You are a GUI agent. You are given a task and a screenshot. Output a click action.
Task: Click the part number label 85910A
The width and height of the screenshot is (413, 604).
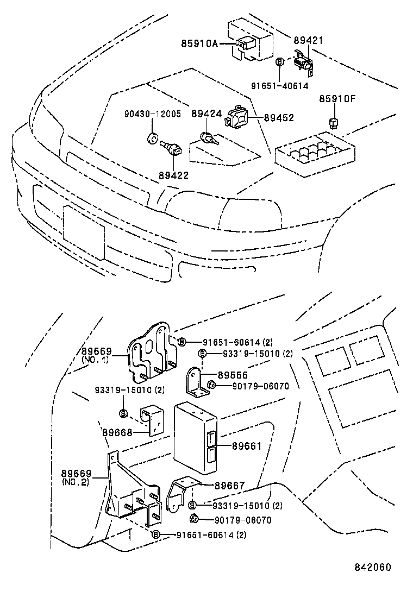coord(199,43)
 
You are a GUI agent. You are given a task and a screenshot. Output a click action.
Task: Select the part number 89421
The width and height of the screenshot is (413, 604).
coord(308,41)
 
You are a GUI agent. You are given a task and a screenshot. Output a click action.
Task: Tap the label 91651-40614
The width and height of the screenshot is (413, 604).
coord(279,85)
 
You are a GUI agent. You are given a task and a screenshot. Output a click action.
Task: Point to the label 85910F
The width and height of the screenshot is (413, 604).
coord(337,99)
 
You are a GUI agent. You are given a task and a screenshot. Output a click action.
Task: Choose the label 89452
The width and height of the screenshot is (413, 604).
coord(279,117)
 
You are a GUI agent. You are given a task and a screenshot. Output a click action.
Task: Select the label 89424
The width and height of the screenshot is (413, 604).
coord(206,114)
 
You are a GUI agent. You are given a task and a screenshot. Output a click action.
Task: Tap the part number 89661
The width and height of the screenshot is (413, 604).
coord(247,446)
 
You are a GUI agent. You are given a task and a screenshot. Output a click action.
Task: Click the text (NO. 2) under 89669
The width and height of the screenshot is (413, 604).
coord(76,482)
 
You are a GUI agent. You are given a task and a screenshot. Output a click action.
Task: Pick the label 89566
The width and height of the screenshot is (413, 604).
coord(233,375)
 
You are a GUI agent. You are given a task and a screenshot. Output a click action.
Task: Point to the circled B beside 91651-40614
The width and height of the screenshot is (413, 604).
coord(280,62)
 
